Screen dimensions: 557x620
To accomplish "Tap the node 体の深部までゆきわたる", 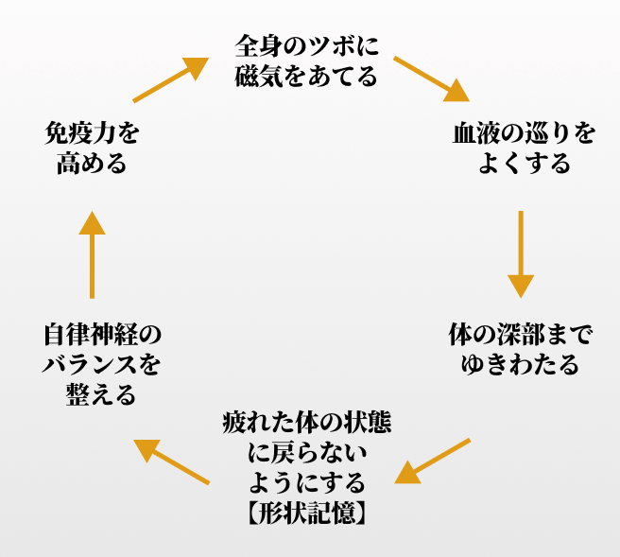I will point(520,348).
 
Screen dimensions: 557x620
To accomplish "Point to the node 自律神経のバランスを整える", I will point(102,364).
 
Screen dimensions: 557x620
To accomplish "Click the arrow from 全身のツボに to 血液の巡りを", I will point(431,78).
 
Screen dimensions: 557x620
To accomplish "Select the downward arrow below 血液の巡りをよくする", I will point(521,253).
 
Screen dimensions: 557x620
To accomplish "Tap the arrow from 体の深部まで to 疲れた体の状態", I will point(433,461).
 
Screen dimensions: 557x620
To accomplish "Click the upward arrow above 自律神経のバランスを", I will point(92,253).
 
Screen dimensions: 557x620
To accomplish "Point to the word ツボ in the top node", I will point(328,44).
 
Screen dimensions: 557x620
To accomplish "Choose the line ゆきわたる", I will point(520,364).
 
